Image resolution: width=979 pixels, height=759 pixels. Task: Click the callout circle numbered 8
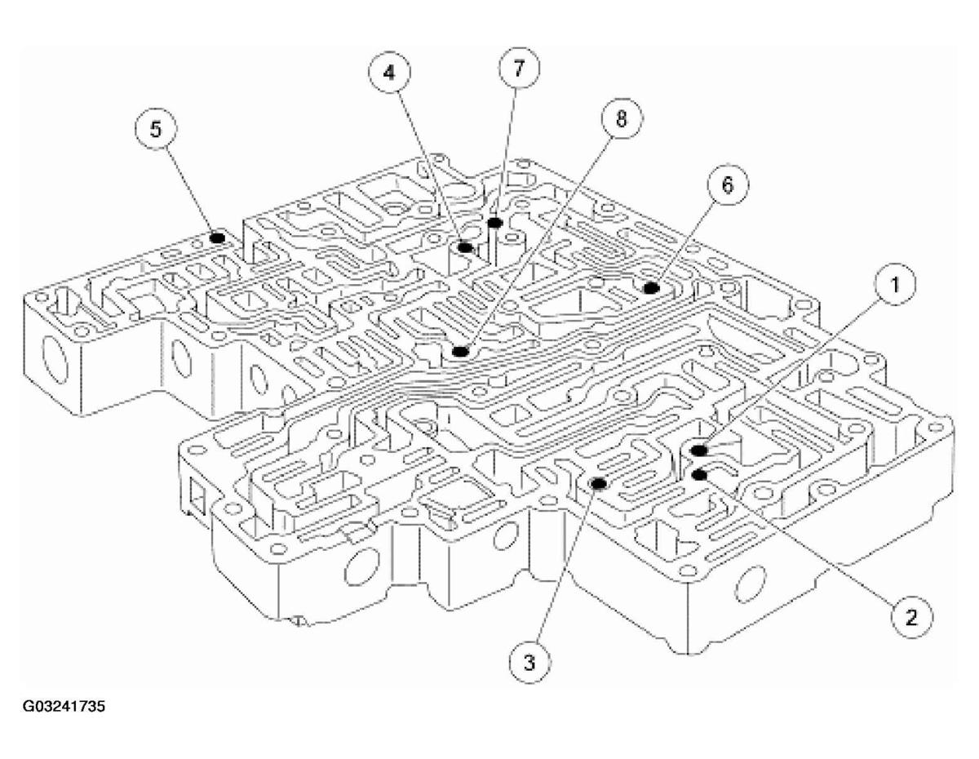tap(621, 120)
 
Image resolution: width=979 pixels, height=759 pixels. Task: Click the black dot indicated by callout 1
tap(698, 450)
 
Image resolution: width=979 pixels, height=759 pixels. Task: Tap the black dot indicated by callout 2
tap(698, 474)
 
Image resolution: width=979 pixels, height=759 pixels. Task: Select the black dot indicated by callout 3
tap(598, 483)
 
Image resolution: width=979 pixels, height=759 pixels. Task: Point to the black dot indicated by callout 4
tap(465, 246)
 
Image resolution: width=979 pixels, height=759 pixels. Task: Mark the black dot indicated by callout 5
tap(217, 237)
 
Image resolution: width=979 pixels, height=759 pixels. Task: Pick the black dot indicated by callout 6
tap(651, 287)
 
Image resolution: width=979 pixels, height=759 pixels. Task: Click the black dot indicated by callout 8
tap(460, 352)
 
